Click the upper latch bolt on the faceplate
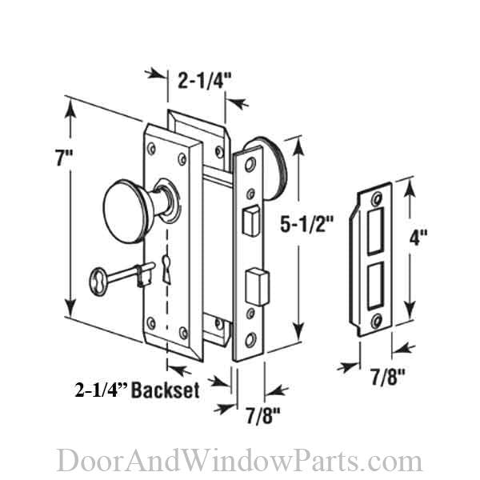(x=248, y=217)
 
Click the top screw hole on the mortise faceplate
(x=250, y=163)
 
